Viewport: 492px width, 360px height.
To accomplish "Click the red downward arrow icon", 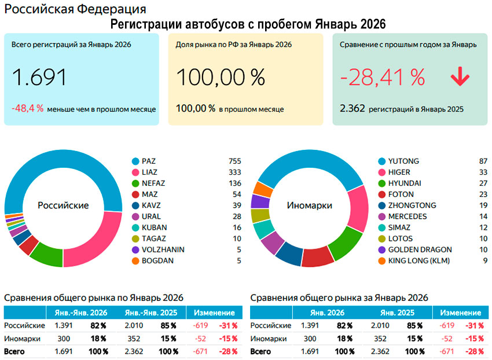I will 460,77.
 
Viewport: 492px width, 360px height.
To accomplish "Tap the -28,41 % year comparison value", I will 383,78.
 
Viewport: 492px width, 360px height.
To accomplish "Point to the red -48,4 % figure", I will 27,108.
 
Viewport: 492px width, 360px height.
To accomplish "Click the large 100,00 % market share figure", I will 221,78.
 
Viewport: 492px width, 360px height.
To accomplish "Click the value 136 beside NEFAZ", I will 234,183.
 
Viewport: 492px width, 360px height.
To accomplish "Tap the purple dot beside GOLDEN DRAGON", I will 382,249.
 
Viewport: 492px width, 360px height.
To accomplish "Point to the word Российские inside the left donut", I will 63,205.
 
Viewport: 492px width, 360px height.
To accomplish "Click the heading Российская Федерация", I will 75,9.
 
